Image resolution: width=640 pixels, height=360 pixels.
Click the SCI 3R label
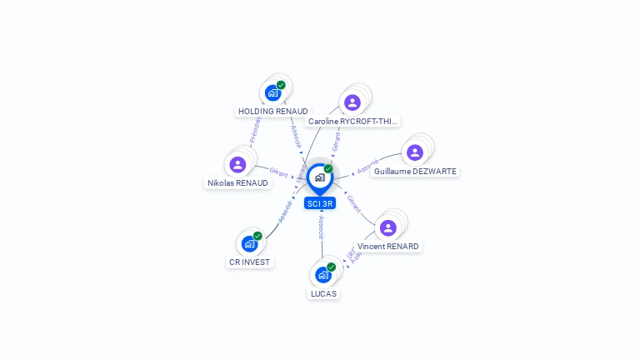coord(319,203)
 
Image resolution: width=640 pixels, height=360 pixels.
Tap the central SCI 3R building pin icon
coord(319,177)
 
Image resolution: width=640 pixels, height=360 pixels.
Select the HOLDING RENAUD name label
coord(272,111)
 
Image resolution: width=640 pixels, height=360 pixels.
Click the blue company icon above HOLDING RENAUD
coord(272,92)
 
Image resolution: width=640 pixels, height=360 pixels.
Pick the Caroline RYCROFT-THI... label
coord(352,121)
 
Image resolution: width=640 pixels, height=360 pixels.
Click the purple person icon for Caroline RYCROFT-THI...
coord(352,102)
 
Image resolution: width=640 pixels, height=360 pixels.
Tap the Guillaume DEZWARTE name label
coord(416,171)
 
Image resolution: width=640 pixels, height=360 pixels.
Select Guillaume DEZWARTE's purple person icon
coord(415,152)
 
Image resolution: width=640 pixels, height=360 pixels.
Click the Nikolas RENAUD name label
coord(237,182)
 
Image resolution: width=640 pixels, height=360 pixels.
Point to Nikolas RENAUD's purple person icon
coord(237,164)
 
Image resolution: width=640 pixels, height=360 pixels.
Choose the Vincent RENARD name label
coord(387,246)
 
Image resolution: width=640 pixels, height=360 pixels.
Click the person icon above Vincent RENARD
coord(387,227)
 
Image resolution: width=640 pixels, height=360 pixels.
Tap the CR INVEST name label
coord(250,262)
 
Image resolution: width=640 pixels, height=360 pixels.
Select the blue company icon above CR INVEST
coord(249,243)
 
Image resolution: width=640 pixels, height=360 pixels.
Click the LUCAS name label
coord(323,293)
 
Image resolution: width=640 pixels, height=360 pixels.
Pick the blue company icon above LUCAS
coord(322,275)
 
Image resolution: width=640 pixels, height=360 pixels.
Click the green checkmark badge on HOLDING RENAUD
coord(282,85)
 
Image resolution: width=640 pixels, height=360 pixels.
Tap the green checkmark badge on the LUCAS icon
coord(332,267)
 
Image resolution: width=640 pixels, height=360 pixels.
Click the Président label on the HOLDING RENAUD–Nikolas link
coord(255,131)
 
